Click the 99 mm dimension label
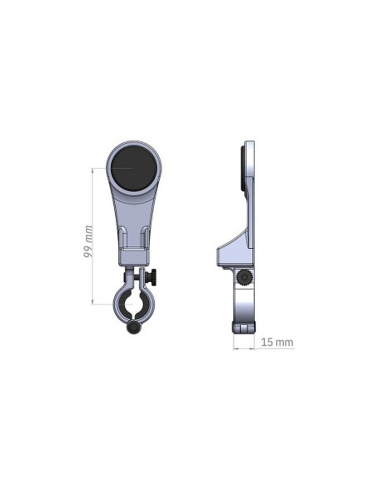point(88,241)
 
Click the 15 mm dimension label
point(277,342)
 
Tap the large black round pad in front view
point(134,168)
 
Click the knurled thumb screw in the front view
point(150,276)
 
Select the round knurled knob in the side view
point(244,278)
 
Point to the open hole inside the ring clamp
point(134,304)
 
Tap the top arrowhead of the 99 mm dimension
point(93,170)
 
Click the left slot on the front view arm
point(123,238)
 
